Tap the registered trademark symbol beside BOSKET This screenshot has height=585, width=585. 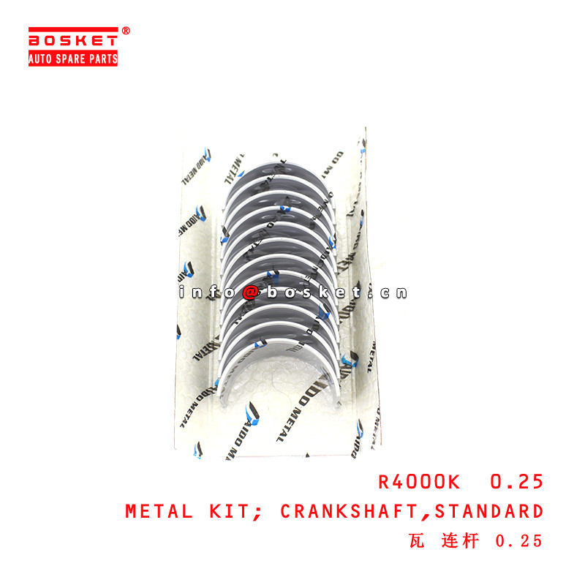(x=125, y=31)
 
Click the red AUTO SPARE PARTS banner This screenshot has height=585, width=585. (x=73, y=59)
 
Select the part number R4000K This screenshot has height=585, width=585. (x=419, y=482)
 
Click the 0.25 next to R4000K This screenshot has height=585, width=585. (x=517, y=482)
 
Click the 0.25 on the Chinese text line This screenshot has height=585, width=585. (x=519, y=541)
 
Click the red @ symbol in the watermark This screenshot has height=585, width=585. (x=250, y=292)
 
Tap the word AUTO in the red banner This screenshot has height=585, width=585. (x=41, y=59)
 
